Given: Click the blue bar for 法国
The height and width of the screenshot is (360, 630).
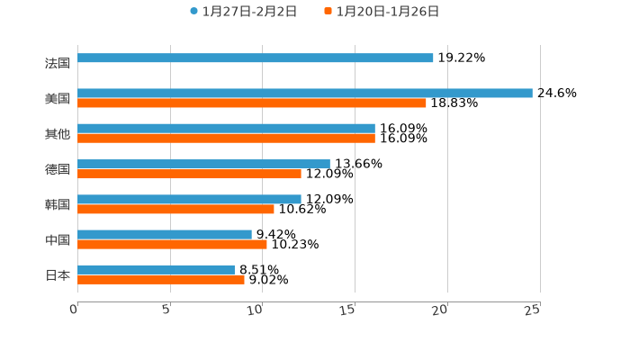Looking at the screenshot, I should coord(256,58).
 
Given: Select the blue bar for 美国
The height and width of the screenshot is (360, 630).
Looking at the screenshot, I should coord(305,93).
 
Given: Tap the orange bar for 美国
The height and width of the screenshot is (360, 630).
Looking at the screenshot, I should coord(252,103).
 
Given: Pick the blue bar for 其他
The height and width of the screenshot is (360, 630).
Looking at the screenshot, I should coord(226,129).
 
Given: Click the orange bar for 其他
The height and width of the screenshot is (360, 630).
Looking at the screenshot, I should coord(226,139).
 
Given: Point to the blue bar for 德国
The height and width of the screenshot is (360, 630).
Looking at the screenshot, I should coord(203,164).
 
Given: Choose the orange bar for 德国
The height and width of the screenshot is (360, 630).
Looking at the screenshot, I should coord(189,174).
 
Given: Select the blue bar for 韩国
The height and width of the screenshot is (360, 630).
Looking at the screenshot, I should coord(189,199).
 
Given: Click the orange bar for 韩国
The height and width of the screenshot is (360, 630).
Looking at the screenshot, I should coord(175,209).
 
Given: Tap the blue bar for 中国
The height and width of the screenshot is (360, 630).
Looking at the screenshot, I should coord(165,234).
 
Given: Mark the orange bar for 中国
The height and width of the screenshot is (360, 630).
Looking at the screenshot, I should coord(172,244).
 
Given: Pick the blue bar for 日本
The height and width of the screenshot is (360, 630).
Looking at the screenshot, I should coord(156,269).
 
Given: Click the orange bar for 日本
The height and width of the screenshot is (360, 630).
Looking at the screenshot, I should coord(161,279).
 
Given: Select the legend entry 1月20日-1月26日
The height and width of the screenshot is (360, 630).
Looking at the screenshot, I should coord(387,12).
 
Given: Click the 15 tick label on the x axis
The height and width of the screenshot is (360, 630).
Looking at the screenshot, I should coord(348,310).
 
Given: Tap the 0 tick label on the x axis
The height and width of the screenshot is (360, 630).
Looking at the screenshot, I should coord(74,310).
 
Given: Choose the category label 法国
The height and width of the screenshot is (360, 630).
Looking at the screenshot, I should coord(58,63).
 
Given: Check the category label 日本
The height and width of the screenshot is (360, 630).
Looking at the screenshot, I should coord(58,274).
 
